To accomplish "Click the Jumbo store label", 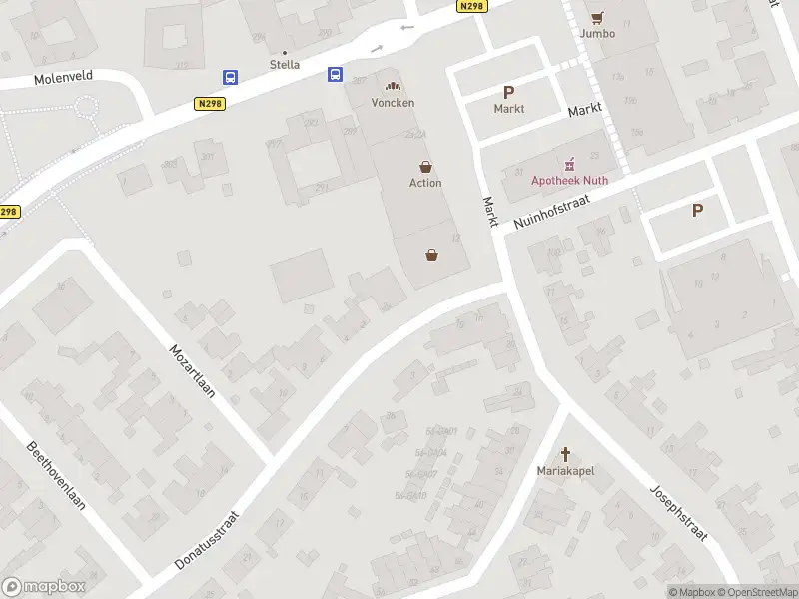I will tap(597, 33).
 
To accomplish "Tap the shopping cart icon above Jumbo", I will tap(597, 17).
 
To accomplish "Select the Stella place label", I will tap(285, 65).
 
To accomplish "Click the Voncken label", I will tap(393, 102).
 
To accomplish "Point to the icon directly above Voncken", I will tap(393, 87).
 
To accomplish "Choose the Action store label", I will tap(425, 183).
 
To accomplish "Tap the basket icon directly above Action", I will tap(426, 167).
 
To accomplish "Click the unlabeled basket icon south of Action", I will tap(432, 255).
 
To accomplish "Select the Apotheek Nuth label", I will tap(569, 181).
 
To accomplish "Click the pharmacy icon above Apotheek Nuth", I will tap(570, 164).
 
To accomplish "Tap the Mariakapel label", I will tap(565, 470).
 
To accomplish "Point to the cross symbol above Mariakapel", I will tap(565, 453).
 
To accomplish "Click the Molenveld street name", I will tap(62, 77).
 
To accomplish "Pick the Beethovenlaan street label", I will tap(56, 475).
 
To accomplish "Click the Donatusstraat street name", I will tap(208, 540).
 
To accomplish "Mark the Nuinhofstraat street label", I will tap(552, 212).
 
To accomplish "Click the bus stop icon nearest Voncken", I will tap(335, 74).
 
